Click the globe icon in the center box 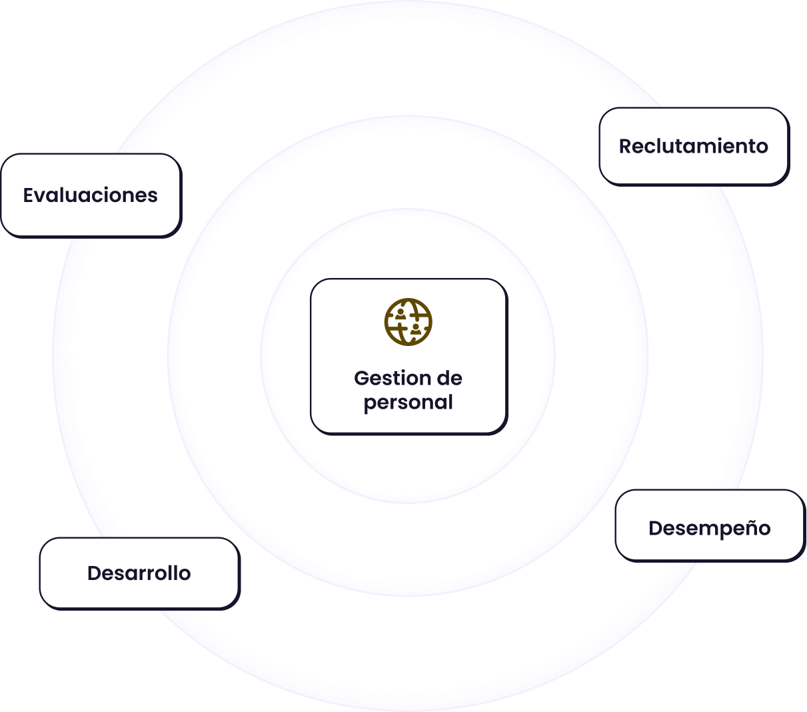[408, 322]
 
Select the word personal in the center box [408, 403]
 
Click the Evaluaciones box [91, 195]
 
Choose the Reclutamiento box [693, 146]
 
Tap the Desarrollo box [139, 573]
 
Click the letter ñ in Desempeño [748, 528]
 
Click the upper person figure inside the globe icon [400, 312]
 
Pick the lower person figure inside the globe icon [416, 329]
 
